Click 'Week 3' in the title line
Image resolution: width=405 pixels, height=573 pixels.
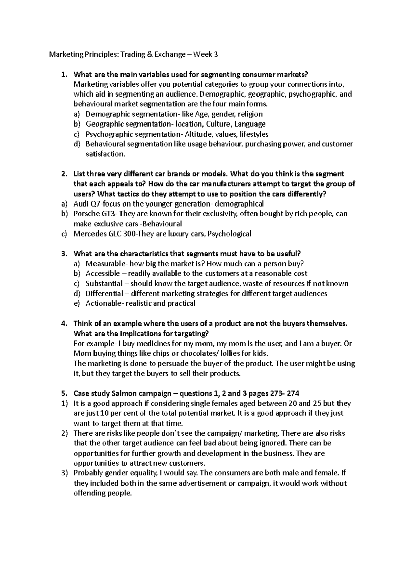coord(207,54)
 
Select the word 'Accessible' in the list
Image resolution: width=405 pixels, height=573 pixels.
coord(103,274)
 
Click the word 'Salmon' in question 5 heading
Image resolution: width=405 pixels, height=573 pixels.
coord(124,393)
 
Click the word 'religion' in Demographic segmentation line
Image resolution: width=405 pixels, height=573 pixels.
coord(250,114)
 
